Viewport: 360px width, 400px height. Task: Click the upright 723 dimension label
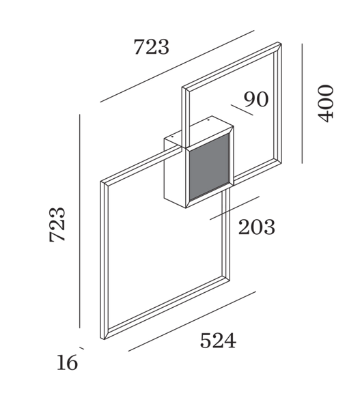click(152, 46)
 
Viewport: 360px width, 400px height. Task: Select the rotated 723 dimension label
click(57, 225)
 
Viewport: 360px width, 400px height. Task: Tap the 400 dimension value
click(326, 103)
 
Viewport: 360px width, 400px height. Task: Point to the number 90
click(256, 99)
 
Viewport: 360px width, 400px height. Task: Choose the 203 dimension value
click(257, 227)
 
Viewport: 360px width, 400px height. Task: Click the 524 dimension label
click(218, 341)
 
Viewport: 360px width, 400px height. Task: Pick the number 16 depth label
click(67, 362)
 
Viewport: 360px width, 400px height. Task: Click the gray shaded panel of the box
click(209, 167)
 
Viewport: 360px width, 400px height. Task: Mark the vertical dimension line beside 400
click(302, 103)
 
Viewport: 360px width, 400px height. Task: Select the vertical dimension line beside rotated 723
click(80, 221)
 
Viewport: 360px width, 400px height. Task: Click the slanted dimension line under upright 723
click(177, 66)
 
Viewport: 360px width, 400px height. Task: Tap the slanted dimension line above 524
click(192, 322)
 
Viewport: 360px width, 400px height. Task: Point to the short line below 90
click(242, 110)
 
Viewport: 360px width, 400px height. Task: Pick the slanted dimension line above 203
click(234, 208)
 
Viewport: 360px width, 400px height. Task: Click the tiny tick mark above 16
click(82, 348)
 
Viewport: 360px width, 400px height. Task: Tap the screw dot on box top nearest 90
click(208, 119)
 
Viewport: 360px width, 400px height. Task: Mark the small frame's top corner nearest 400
click(279, 43)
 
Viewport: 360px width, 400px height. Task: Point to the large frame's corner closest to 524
click(230, 278)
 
